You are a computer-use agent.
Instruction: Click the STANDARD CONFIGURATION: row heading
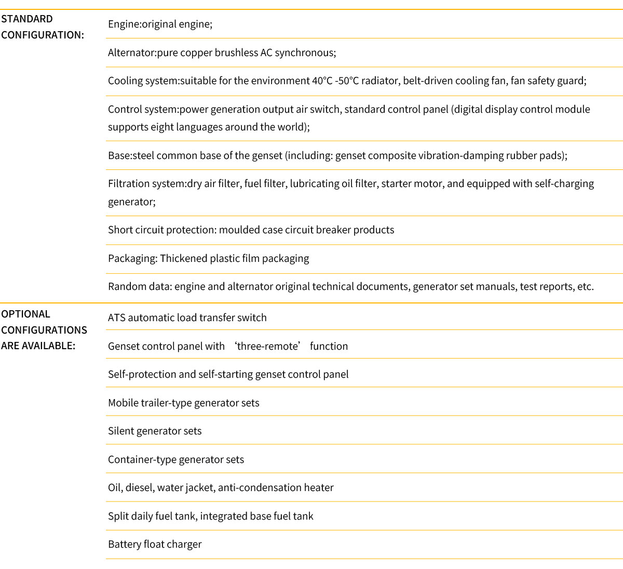[43, 27]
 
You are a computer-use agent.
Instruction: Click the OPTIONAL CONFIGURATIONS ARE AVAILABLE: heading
[44, 329]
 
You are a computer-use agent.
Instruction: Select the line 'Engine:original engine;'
[160, 24]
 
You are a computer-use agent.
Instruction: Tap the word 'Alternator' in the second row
[131, 52]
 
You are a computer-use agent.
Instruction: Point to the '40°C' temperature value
[322, 81]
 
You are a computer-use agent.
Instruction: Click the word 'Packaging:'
[132, 258]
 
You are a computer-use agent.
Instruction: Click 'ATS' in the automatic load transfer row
[116, 317]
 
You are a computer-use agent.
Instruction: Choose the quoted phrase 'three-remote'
[267, 346]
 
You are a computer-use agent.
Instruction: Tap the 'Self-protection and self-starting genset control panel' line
[228, 374]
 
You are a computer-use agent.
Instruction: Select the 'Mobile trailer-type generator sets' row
[183, 403]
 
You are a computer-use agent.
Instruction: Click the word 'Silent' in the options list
[121, 431]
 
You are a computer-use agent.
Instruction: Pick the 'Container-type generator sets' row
[175, 459]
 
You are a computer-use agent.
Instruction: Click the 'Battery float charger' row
[155, 544]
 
